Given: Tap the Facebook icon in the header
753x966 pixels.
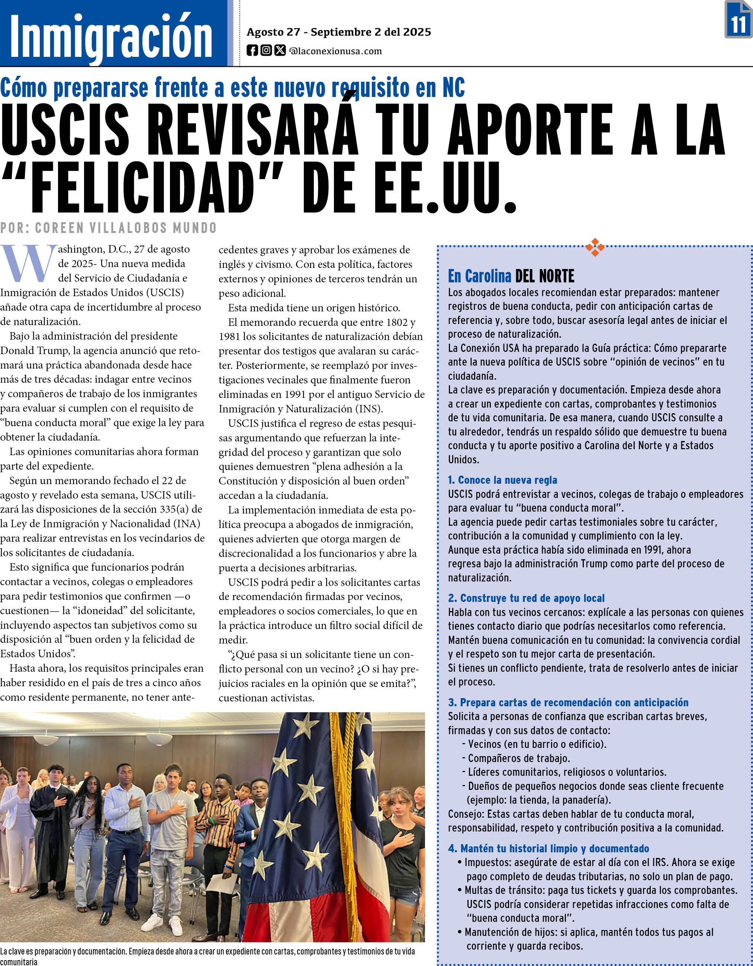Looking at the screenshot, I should (252, 51).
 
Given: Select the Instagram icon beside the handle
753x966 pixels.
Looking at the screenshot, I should (266, 51).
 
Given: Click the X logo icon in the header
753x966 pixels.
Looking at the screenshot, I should (280, 51).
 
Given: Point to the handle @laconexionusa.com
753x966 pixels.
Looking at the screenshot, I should (335, 51).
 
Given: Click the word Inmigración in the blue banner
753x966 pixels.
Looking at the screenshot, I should (111, 35).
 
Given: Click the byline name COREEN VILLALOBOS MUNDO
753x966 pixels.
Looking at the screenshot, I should (126, 228).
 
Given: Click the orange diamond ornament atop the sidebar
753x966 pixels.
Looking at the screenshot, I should (595, 247).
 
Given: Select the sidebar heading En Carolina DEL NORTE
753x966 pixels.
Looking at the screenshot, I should (511, 276).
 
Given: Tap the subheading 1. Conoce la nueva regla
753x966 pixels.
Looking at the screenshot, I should (502, 480).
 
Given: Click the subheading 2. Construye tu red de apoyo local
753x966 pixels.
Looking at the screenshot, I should (526, 598).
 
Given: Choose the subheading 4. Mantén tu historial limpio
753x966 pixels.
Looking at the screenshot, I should (548, 848).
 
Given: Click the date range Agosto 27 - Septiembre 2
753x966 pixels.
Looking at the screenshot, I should (339, 32).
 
